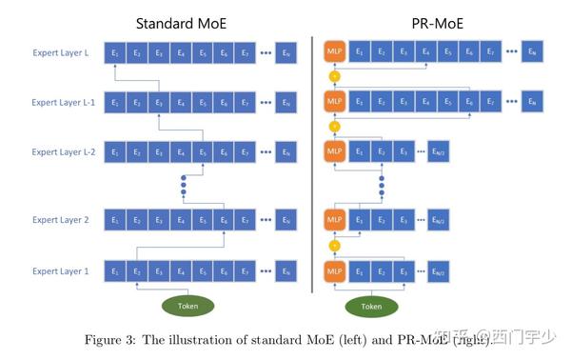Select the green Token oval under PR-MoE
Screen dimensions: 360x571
[372, 306]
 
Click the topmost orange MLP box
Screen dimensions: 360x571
[334, 53]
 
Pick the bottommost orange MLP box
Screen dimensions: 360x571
[334, 271]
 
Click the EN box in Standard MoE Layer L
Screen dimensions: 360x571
[288, 53]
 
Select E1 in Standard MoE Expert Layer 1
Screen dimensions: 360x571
[115, 271]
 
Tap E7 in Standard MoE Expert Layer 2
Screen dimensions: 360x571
[246, 221]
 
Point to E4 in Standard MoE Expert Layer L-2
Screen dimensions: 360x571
[181, 151]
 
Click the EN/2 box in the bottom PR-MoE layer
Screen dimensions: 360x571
[438, 271]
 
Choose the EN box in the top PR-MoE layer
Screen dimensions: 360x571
[533, 53]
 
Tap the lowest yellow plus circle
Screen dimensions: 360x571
[334, 246]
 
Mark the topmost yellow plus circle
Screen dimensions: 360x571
[334, 76]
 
